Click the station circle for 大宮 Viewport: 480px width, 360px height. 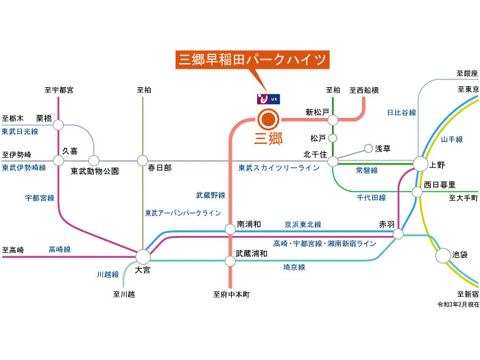click(143, 256)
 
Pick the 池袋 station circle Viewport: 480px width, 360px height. click(443, 255)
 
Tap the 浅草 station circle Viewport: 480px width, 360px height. click(368, 148)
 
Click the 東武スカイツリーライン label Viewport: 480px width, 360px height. click(279, 168)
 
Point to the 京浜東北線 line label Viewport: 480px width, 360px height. click(303, 224)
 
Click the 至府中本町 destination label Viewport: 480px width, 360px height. click(231, 294)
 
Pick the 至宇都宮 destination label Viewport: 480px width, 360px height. click(59, 90)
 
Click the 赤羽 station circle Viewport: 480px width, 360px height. click(398, 235)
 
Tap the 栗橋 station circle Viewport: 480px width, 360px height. click(58, 125)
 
